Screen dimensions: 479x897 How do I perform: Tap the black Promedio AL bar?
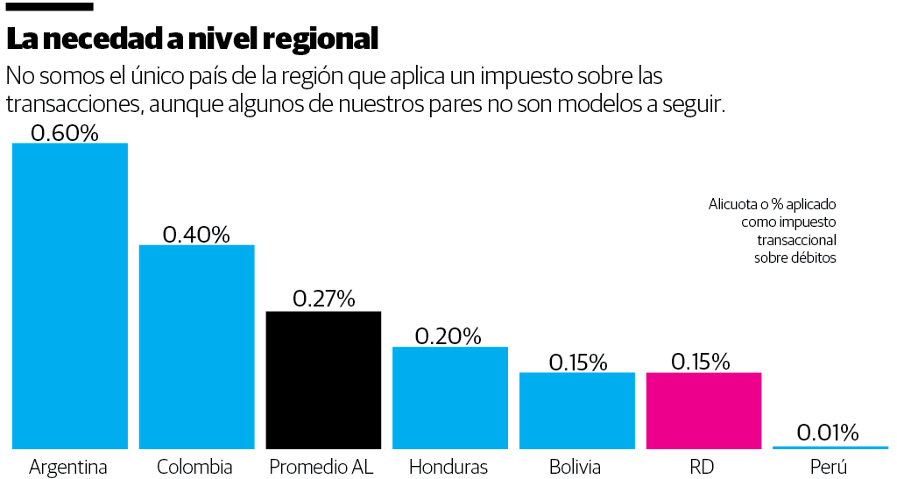[x=323, y=380]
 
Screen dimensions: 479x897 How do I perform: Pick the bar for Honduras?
[x=449, y=398]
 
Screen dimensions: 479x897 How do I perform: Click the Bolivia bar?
[x=576, y=411]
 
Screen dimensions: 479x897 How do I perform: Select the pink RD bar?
[x=703, y=411]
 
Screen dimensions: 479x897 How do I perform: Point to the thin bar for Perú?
[x=829, y=447]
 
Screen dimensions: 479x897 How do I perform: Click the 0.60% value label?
[x=64, y=133]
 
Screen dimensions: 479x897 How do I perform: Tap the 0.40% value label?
[x=196, y=234]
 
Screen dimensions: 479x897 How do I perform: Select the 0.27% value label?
[x=323, y=299]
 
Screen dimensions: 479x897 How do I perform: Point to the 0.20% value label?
[x=448, y=336]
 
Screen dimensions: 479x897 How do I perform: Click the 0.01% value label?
[x=828, y=433]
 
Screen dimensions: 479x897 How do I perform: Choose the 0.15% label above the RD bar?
[x=701, y=362]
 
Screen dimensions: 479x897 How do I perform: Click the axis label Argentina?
[x=68, y=467]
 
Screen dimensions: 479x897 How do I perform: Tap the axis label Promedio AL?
[x=321, y=467]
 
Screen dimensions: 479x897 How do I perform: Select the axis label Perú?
[x=829, y=467]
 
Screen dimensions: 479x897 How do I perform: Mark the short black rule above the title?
[x=49, y=7]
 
